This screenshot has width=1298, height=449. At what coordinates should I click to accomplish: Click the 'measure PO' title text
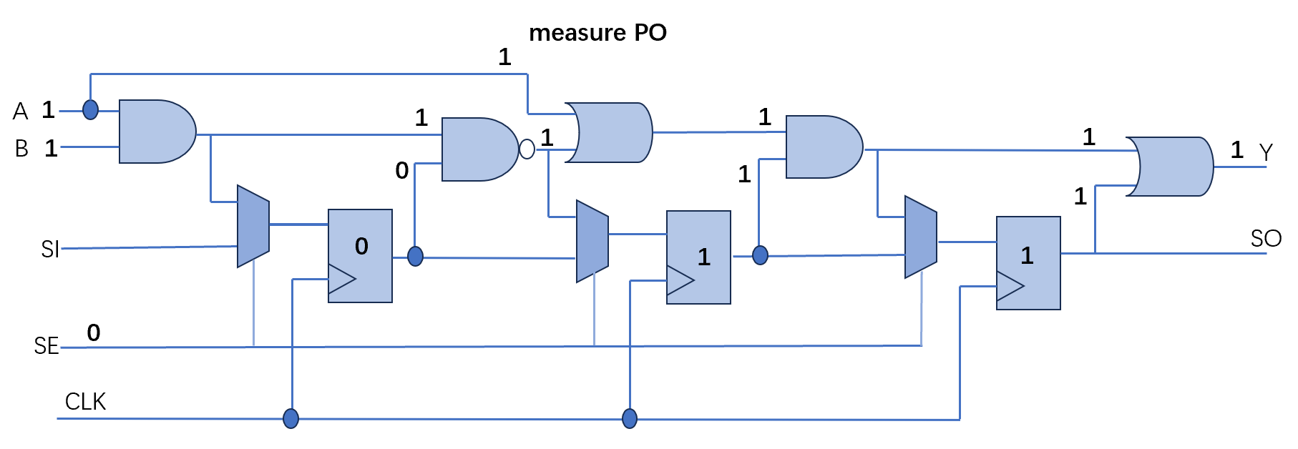point(597,33)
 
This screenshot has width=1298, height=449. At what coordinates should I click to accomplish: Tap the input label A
point(21,112)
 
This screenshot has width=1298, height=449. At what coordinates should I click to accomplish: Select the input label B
point(21,149)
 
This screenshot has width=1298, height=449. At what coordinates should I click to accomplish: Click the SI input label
point(50,250)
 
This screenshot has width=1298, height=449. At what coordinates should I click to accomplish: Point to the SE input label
point(47,346)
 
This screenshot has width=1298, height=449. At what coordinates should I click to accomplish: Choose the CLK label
point(85,402)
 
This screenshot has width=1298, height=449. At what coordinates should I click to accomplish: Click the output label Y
point(1267,153)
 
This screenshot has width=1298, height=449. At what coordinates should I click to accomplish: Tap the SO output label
point(1266,239)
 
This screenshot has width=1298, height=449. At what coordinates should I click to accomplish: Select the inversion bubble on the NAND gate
point(527,149)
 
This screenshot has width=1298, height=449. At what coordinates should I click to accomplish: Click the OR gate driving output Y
point(1170,167)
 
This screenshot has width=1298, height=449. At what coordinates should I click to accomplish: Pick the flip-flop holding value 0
point(360,256)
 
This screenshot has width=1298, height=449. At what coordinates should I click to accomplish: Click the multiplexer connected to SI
point(253,227)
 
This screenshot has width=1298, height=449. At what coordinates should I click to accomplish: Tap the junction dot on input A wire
point(90,109)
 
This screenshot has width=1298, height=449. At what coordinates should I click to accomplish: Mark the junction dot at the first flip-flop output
point(415,256)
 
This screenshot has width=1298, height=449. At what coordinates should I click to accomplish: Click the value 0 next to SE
point(94,332)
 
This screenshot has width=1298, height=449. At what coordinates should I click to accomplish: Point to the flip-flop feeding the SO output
point(1028,263)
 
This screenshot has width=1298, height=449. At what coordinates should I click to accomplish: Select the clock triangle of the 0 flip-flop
point(341,280)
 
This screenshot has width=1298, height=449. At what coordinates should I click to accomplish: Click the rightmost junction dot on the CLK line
point(630,418)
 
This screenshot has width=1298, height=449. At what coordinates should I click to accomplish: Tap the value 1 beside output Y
point(1237,150)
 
